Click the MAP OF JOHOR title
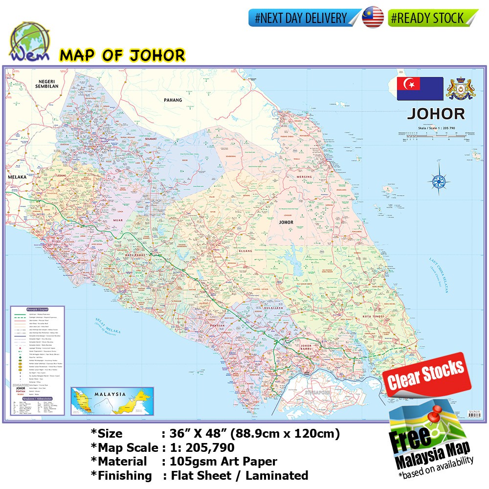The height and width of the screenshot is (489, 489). tap(122, 55)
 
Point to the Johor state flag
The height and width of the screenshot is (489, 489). tap(420, 89)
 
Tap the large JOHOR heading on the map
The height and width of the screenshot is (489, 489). tap(436, 114)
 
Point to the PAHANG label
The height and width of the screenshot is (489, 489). tap(173, 100)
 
